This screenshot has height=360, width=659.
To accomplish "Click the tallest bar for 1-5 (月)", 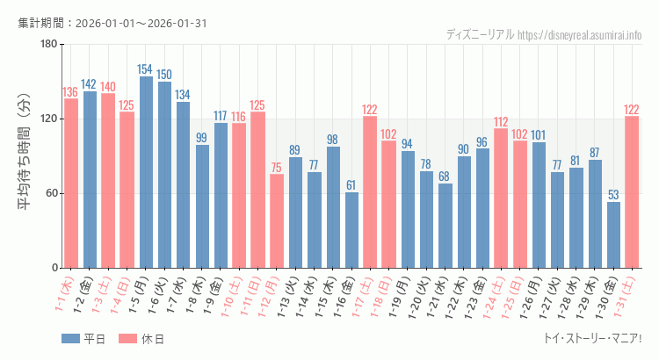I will [146, 172].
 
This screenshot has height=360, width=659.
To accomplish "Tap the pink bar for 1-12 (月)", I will [277, 220].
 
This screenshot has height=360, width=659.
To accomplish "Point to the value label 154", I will [146, 69].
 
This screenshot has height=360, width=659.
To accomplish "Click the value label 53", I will [613, 195].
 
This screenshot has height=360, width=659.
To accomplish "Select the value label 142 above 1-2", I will [89, 84].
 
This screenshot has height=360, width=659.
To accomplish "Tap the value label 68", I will [445, 176].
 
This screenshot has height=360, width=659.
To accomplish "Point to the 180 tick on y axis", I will [48, 45].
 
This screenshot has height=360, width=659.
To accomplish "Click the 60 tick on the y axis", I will [51, 193].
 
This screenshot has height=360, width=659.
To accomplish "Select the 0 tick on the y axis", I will [54, 268].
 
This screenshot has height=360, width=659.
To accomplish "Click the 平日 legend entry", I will [84, 339].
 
